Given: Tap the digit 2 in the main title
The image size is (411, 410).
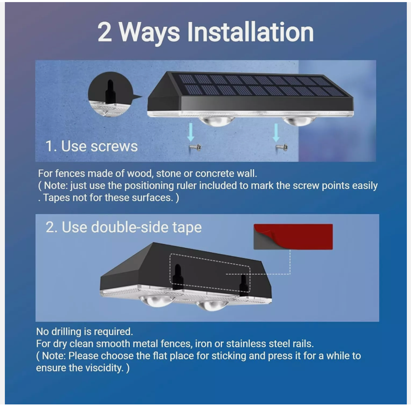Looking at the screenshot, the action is [105, 32].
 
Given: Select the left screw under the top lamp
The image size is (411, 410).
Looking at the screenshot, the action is [195, 147].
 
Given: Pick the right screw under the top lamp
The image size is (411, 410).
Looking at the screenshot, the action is [282, 147].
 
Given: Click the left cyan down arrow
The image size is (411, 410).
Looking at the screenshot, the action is [191, 132].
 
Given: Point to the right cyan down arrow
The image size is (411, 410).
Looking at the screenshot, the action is [276, 133].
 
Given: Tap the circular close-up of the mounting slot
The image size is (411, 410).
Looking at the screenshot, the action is [111, 94].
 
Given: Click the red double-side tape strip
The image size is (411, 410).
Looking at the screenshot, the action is [293, 237].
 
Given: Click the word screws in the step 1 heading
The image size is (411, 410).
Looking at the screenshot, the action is [114, 146].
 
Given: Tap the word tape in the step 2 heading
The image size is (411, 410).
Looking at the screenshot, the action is [187, 227].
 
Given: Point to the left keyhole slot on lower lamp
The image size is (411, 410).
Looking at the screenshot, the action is [178, 276].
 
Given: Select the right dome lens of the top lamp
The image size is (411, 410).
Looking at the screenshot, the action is [299, 121].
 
